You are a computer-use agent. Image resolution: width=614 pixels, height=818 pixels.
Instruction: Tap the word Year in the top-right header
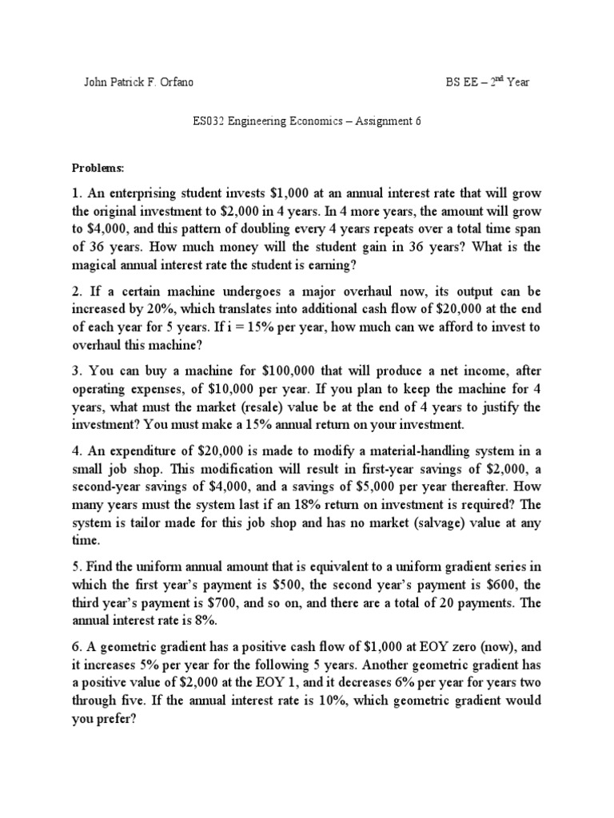pos(516,82)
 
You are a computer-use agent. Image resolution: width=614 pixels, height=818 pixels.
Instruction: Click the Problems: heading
pos(98,170)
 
